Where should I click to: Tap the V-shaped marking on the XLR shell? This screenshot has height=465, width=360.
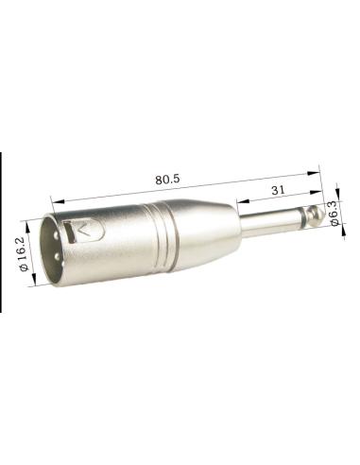tap(87, 230)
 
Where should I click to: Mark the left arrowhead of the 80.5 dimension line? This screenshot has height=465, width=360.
tap(56, 200)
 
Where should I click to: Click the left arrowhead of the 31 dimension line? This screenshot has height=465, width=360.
tap(237, 203)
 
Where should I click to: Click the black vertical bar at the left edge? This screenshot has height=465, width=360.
tap(1, 232)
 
